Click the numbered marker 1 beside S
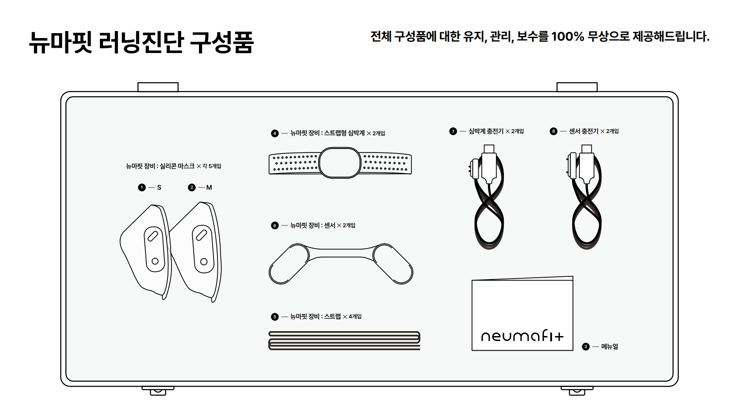click(141, 187)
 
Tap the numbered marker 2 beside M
click(191, 187)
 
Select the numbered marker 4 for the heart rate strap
click(275, 133)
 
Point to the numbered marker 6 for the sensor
click(275, 226)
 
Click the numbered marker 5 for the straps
click(275, 317)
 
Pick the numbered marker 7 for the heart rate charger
click(453, 131)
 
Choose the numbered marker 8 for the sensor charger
click(553, 131)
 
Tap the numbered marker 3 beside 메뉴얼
click(586, 347)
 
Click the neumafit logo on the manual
click(522, 336)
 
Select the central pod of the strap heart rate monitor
click(340, 163)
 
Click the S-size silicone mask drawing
click(146, 250)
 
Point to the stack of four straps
click(344, 340)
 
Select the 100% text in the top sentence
click(568, 36)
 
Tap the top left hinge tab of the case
click(158, 87)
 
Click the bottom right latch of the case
click(577, 390)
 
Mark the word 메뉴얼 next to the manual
click(609, 347)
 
